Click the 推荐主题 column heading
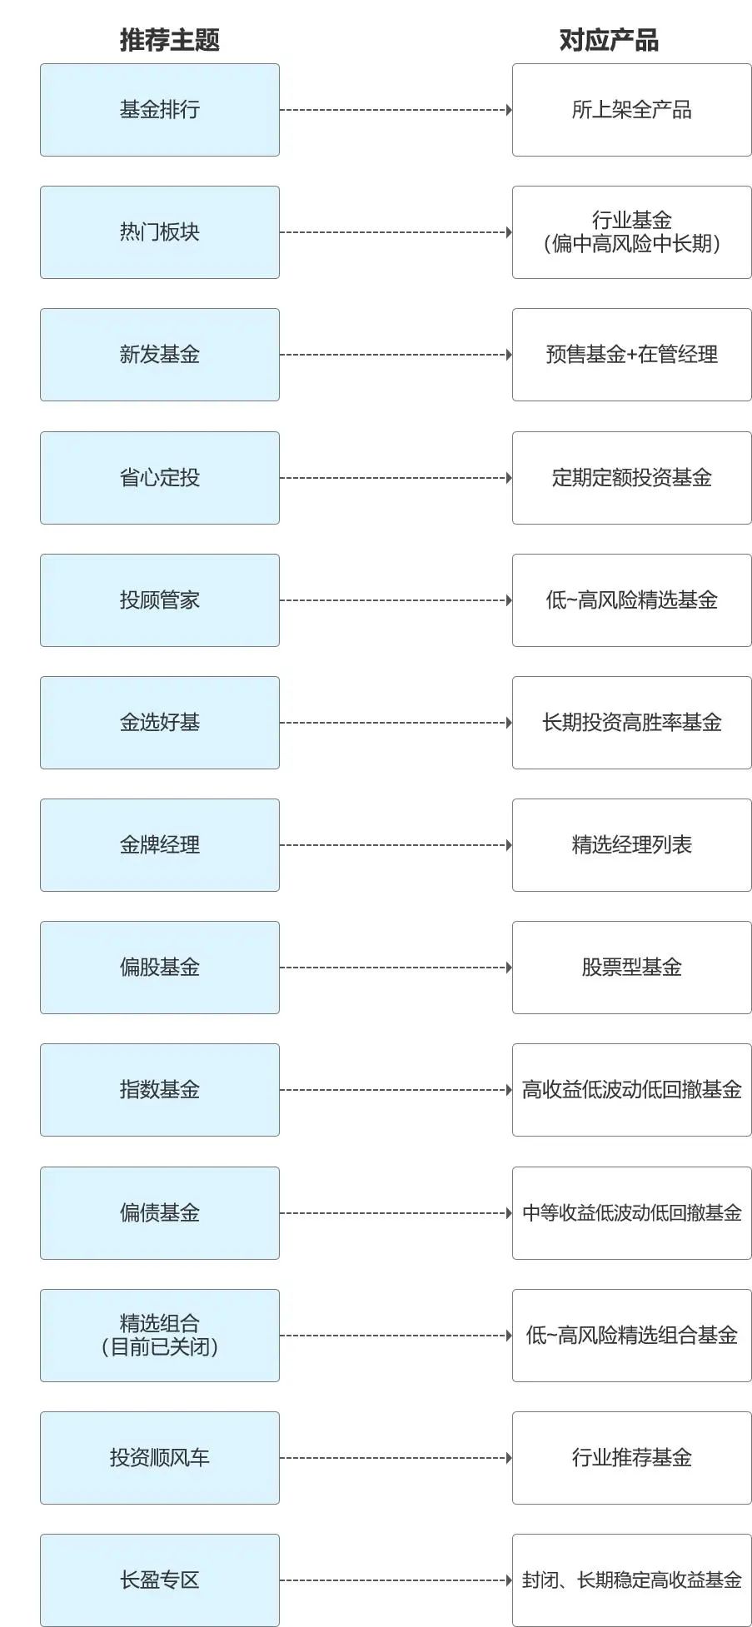[x=169, y=40]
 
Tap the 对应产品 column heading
[x=609, y=40]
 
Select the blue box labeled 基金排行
[x=160, y=110]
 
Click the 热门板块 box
[x=160, y=232]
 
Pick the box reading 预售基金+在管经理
[x=631, y=355]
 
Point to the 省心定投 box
[x=160, y=478]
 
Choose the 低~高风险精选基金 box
[x=631, y=600]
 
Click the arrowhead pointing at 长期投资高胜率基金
[x=509, y=723]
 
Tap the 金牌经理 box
[x=160, y=845]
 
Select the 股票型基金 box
[x=631, y=968]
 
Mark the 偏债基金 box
[x=160, y=1213]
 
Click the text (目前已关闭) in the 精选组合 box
[x=160, y=1346]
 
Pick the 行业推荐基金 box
[x=631, y=1458]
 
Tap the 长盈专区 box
[x=160, y=1580]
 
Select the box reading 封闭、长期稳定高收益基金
[x=631, y=1580]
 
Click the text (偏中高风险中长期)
[x=631, y=243]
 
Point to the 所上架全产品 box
[x=631, y=110]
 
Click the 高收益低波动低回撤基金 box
[x=631, y=1090]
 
